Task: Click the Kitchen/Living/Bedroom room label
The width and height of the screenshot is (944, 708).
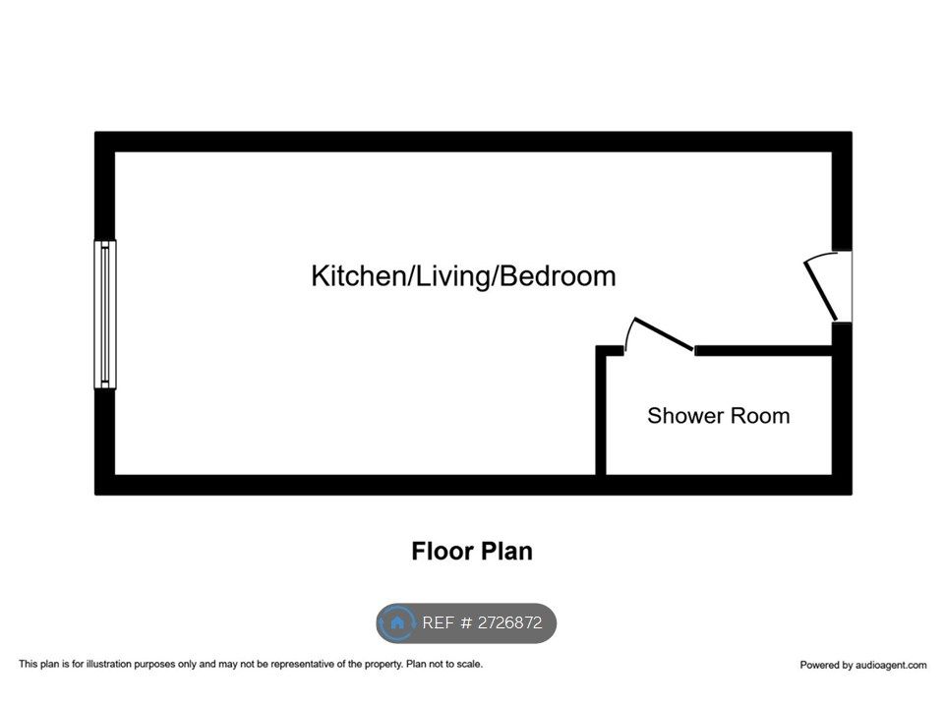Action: point(463,276)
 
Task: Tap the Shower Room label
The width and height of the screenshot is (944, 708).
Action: point(718,416)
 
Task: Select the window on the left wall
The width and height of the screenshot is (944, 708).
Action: point(105,315)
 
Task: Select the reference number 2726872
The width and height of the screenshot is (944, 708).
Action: point(510,622)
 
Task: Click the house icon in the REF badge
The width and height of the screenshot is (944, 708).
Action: point(397,622)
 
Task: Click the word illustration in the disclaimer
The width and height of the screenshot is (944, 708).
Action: point(108,665)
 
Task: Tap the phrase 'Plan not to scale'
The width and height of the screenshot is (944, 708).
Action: point(444,665)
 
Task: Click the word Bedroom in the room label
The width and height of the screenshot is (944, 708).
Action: point(559,276)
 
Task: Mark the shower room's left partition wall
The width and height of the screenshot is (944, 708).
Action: point(601,411)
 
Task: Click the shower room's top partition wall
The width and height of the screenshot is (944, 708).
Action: point(763,350)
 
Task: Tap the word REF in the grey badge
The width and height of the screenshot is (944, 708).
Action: point(439,622)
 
